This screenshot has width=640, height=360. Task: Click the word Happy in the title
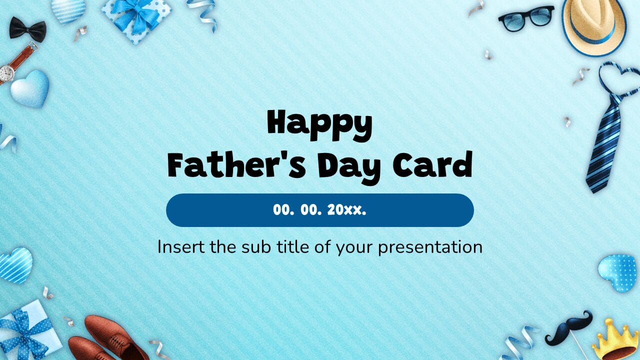[x=319, y=126]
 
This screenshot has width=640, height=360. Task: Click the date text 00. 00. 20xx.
[x=319, y=210]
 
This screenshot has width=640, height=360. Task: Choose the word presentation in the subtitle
[x=430, y=247]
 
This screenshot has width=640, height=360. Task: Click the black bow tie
[x=27, y=29]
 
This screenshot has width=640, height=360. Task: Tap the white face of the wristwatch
[x=7, y=73]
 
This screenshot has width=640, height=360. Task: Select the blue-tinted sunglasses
[x=526, y=17]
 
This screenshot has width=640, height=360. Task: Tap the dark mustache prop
[x=568, y=327]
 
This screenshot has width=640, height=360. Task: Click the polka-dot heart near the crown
[x=619, y=272]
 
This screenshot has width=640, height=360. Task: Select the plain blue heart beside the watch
[x=30, y=88]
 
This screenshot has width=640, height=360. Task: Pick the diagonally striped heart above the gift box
[x=15, y=265]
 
